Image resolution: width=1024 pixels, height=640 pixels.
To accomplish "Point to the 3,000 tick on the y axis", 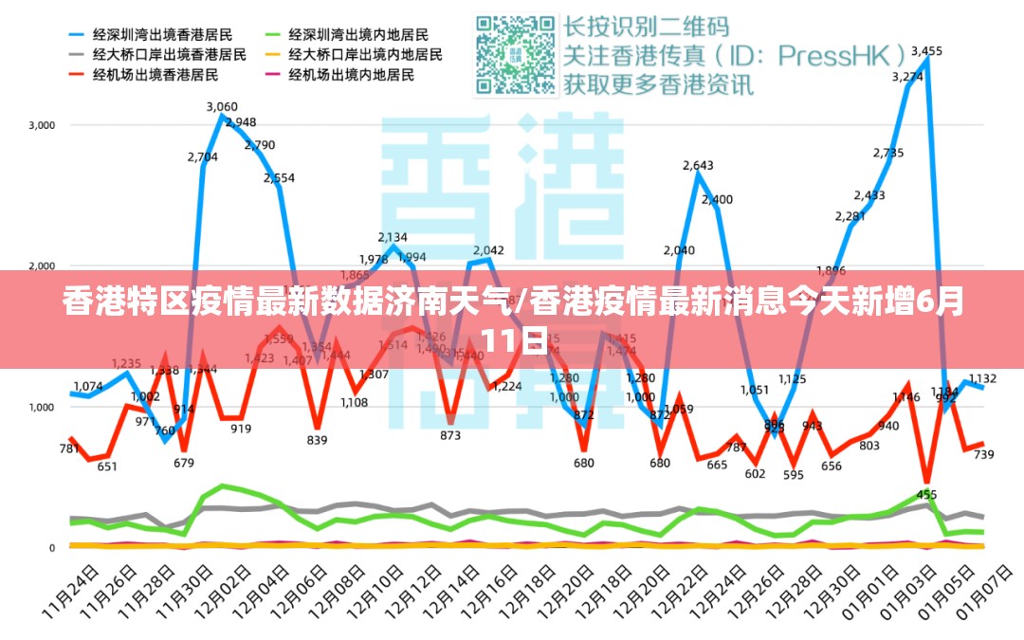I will (x=43, y=125).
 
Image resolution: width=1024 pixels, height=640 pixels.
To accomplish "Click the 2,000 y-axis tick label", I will (x=43, y=266).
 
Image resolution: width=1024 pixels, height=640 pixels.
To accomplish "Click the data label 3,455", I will (x=926, y=51).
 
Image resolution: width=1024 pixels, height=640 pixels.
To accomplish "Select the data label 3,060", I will (x=222, y=106).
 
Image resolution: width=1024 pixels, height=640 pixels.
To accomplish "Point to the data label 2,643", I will (x=698, y=166).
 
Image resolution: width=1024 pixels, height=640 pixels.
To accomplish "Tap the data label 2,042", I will (x=488, y=250).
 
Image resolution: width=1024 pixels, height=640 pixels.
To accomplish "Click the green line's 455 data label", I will (x=926, y=494).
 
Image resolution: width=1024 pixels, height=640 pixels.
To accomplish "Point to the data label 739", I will (x=983, y=455).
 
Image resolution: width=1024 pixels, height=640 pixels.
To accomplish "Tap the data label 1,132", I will (x=982, y=378).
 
